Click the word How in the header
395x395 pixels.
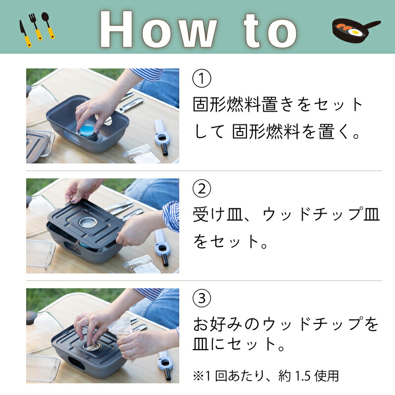[158, 29]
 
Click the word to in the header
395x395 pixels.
[271, 30]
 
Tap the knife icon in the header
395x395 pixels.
[25, 34]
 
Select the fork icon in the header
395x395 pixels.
[36, 27]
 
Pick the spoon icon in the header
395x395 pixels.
[48, 25]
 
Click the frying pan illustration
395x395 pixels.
[355, 30]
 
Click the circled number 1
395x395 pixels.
[202, 78]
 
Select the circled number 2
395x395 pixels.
[202, 189]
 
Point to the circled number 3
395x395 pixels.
[202, 298]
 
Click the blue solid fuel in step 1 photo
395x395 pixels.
[87, 129]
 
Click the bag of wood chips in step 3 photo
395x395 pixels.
[120, 327]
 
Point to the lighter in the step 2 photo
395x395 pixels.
[162, 247]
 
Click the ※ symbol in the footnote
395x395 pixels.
[198, 376]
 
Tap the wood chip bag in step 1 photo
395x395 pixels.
[139, 154]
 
